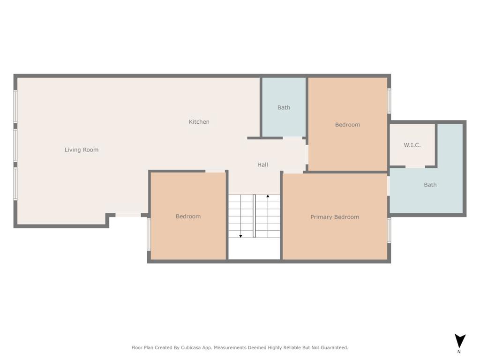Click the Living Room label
point(82,150)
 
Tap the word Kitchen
point(199,122)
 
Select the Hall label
point(262,165)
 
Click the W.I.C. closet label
point(412,145)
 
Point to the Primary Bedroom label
point(335,217)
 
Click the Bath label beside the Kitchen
point(284,107)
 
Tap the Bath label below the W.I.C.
point(430,185)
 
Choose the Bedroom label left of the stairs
point(188,217)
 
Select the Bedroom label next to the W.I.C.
point(347,125)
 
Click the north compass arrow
point(459,340)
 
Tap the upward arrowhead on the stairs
point(268,196)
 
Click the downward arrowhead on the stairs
point(240,236)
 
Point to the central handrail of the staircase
point(254,216)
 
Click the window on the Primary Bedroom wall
point(389,231)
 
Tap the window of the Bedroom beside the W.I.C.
point(389,101)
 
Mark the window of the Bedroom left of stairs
point(149,234)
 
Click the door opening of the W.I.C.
point(415,167)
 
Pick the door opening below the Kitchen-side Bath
point(292,138)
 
